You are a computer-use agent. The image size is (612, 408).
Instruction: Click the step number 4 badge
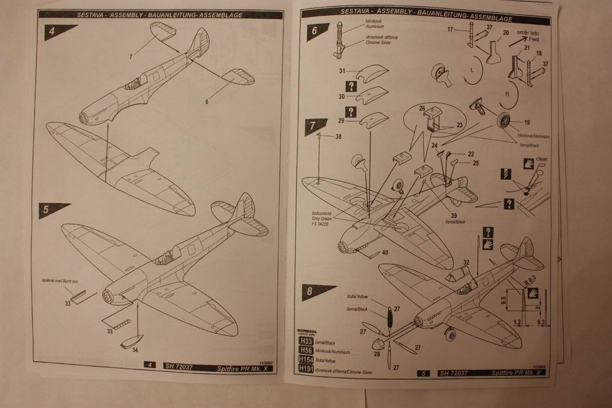pyautogui.click(x=53, y=33)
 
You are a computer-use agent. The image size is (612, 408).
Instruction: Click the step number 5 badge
pyautogui.click(x=47, y=210)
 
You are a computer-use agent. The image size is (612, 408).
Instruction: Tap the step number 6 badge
pyautogui.click(x=313, y=33)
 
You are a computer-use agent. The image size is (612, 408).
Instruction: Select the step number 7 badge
pyautogui.click(x=313, y=125)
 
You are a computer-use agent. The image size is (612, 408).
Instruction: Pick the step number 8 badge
pyautogui.click(x=309, y=291)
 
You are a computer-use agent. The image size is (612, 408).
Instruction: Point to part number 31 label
pyautogui.click(x=341, y=71)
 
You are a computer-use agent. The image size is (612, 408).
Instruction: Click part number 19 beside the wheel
pyautogui.click(x=527, y=122)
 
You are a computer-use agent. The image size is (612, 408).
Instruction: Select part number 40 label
pyautogui.click(x=385, y=252)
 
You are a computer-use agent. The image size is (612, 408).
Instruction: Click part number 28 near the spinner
pyautogui.click(x=376, y=354)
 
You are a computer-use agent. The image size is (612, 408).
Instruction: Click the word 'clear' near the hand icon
pyautogui.click(x=542, y=159)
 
